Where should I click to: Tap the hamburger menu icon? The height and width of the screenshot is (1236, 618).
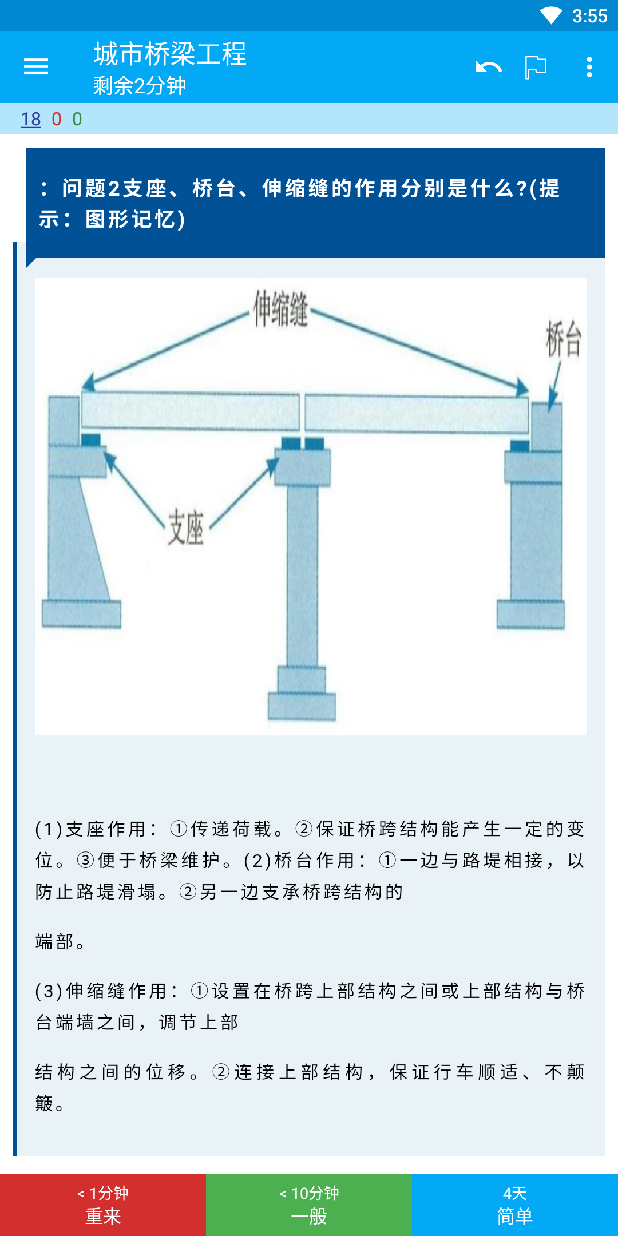(36, 67)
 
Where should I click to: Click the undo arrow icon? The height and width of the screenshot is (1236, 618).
(489, 67)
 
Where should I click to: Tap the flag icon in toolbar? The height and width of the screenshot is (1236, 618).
(536, 67)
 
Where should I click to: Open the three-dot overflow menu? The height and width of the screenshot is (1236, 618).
(589, 67)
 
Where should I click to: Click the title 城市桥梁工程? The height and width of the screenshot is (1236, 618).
(170, 54)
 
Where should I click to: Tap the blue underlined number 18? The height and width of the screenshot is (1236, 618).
(31, 119)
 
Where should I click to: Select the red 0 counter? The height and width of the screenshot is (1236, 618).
(57, 119)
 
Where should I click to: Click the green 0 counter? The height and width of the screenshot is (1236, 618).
(77, 119)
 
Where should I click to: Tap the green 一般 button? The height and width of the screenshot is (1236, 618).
(309, 1205)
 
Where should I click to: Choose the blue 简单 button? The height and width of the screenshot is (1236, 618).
(515, 1205)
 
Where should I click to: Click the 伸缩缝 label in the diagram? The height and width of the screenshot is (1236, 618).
(281, 308)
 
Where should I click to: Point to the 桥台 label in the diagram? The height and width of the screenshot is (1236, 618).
(564, 339)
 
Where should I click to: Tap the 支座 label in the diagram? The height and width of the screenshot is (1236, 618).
(185, 527)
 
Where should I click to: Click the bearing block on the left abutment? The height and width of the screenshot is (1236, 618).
(90, 440)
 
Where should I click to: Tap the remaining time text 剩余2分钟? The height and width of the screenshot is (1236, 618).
(140, 86)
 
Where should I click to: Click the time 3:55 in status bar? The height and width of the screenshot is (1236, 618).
(589, 16)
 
